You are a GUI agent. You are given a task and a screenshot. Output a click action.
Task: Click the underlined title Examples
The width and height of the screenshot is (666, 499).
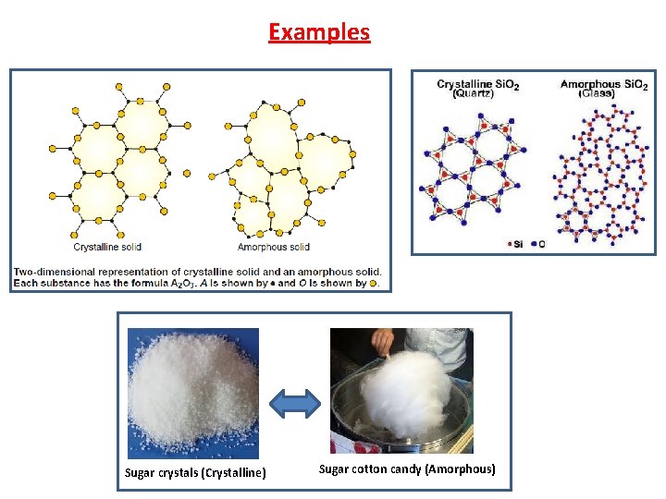pyautogui.click(x=319, y=32)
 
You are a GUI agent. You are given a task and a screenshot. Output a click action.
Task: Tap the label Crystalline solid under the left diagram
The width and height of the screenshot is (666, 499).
pyautogui.click(x=107, y=247)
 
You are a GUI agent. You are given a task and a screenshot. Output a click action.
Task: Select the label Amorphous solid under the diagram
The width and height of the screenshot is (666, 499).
pyautogui.click(x=274, y=247)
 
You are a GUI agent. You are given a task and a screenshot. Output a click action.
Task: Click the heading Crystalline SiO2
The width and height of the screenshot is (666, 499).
pyautogui.click(x=478, y=85)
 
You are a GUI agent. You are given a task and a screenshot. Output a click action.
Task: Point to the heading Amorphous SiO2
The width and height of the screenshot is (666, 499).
pyautogui.click(x=604, y=85)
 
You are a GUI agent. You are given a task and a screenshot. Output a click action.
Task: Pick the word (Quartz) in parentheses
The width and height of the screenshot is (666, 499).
pyautogui.click(x=478, y=94)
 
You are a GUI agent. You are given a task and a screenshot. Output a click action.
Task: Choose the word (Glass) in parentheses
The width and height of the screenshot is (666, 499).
pyautogui.click(x=597, y=94)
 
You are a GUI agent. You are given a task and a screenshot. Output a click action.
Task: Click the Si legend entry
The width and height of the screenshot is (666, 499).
pyautogui.click(x=514, y=244)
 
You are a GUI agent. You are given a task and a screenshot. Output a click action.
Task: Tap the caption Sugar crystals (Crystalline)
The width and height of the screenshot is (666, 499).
pyautogui.click(x=195, y=473)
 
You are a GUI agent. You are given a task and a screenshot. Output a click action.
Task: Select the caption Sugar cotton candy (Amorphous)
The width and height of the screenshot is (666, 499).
pyautogui.click(x=407, y=469)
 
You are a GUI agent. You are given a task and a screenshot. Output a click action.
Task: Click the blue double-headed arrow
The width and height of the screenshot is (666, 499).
pyautogui.click(x=294, y=401)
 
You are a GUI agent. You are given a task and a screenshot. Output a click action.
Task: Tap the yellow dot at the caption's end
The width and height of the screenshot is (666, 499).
pyautogui.click(x=373, y=283)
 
